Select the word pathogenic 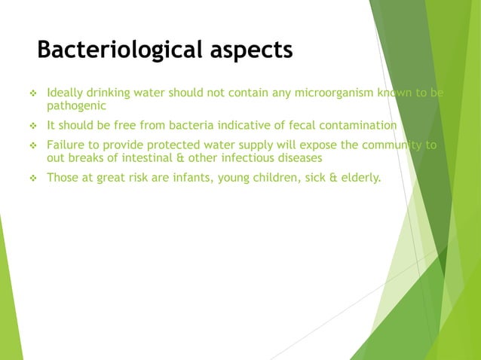(76, 106)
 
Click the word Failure (66, 145)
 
